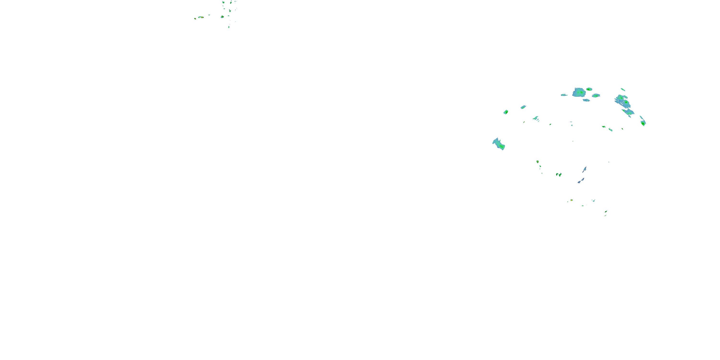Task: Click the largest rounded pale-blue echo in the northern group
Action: click(x=579, y=92)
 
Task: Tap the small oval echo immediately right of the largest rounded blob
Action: click(x=589, y=89)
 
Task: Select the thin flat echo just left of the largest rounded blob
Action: click(x=564, y=95)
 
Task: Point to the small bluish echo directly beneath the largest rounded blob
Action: click(x=586, y=100)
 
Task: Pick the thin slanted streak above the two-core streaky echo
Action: click(x=623, y=90)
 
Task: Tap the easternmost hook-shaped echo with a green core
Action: click(x=643, y=122)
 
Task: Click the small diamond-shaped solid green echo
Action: click(x=506, y=112)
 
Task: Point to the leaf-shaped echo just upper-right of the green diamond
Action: click(x=523, y=107)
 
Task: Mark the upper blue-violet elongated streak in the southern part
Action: click(x=584, y=169)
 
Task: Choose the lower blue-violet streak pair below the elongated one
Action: click(x=581, y=181)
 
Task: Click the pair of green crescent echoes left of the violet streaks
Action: click(x=559, y=175)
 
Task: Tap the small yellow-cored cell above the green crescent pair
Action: click(x=538, y=162)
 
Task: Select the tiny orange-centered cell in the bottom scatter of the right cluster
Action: click(x=572, y=200)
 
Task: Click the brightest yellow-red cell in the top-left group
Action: click(x=201, y=17)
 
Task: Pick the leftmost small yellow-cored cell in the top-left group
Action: click(x=195, y=19)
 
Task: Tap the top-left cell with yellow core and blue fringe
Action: click(x=222, y=17)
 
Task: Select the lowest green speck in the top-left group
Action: click(x=229, y=27)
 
